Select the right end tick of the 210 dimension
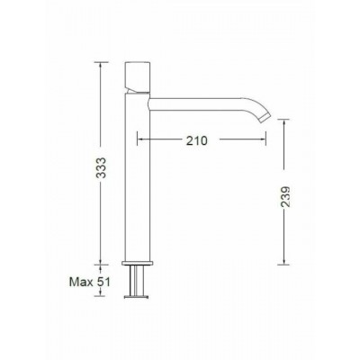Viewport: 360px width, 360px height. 267,140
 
